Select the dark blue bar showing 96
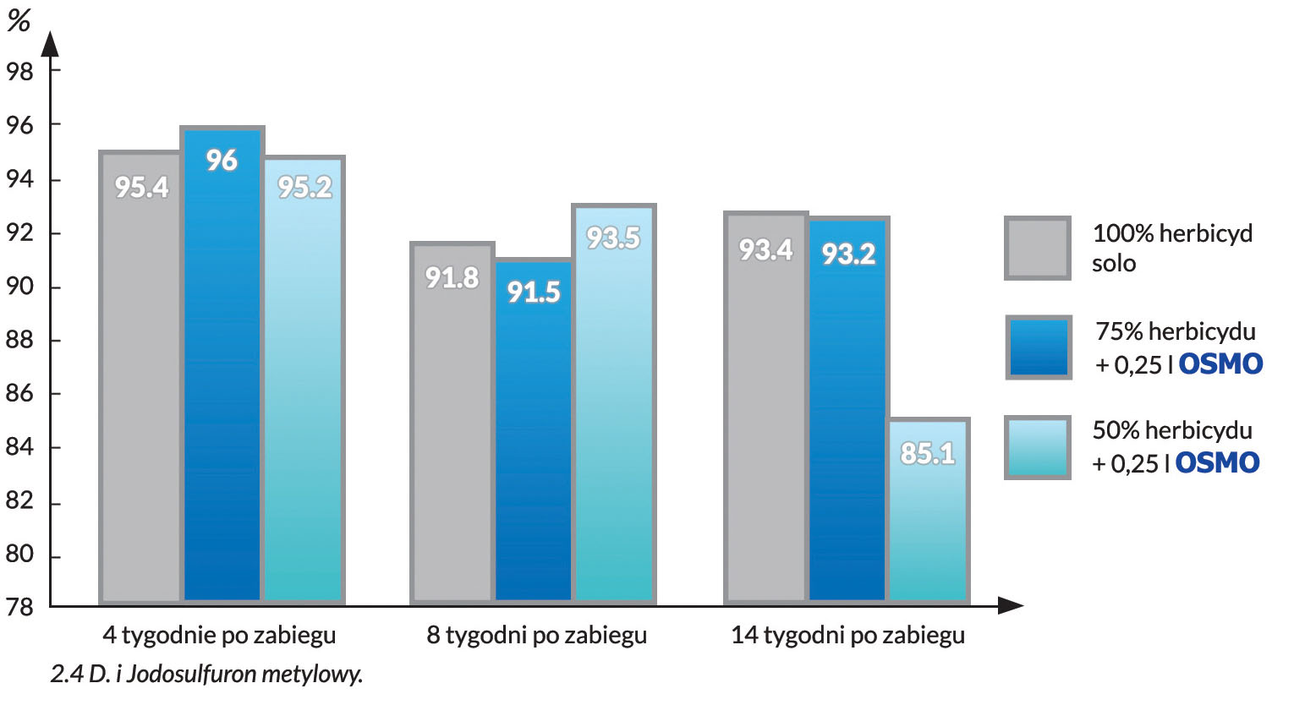pyautogui.click(x=222, y=363)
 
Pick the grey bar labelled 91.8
pyautogui.click(x=452, y=423)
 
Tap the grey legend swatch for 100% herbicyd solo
pyautogui.click(x=1038, y=249)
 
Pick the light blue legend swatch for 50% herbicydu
pyautogui.click(x=1038, y=447)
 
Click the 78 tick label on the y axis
pyautogui.click(x=19, y=607)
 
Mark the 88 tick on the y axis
pyautogui.click(x=19, y=341)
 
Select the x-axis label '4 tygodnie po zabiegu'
pyautogui.click(x=220, y=635)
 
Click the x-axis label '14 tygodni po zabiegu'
pyautogui.click(x=847, y=635)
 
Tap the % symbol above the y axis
pyautogui.click(x=19, y=21)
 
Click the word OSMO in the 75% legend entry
pyautogui.click(x=1220, y=364)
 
